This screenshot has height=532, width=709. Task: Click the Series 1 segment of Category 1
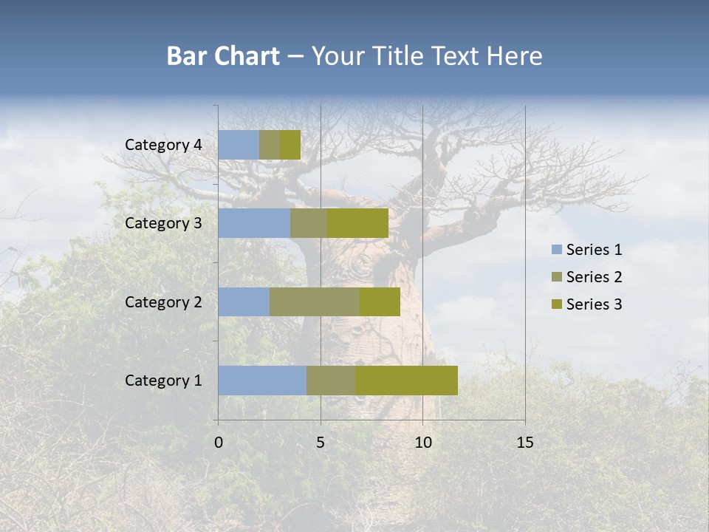[262, 381]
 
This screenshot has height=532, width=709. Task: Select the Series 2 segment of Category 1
[331, 381]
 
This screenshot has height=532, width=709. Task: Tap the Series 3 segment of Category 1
[406, 381]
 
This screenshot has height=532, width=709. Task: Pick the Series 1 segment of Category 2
[244, 301]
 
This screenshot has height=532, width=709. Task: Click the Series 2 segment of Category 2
[315, 301]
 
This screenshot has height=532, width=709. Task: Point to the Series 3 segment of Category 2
[380, 301]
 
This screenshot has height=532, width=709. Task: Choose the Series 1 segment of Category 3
[254, 223]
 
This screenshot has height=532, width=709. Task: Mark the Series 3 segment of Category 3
[358, 223]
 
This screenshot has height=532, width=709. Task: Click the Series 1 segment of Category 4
[239, 145]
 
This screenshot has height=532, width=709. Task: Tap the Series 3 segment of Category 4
[290, 145]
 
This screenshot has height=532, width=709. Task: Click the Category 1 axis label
[163, 381]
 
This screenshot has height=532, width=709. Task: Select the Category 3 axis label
[163, 223]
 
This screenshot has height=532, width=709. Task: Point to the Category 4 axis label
[163, 145]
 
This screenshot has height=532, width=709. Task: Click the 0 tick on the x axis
[219, 443]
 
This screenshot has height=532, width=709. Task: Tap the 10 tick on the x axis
[422, 443]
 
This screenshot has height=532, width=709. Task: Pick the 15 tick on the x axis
[524, 443]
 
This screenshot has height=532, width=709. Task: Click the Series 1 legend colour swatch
[555, 250]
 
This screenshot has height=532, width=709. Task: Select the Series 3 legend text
[594, 304]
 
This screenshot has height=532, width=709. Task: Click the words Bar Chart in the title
[223, 56]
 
